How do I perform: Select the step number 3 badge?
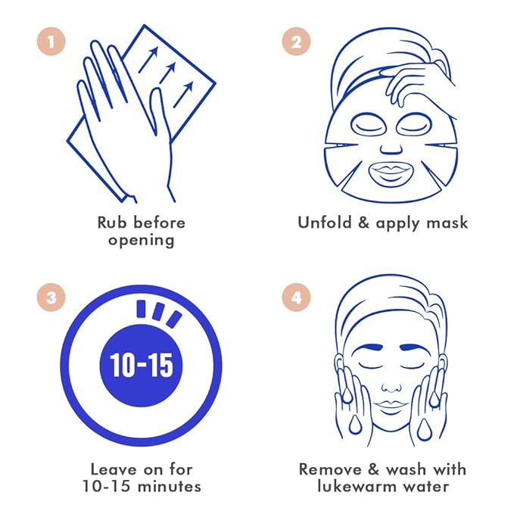click(x=51, y=297)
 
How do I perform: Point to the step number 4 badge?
click(x=296, y=297)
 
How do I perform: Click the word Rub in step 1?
click(x=112, y=223)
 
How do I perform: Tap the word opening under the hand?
click(x=142, y=241)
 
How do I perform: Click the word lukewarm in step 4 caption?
click(x=354, y=486)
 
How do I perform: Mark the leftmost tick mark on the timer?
click(x=141, y=309)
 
